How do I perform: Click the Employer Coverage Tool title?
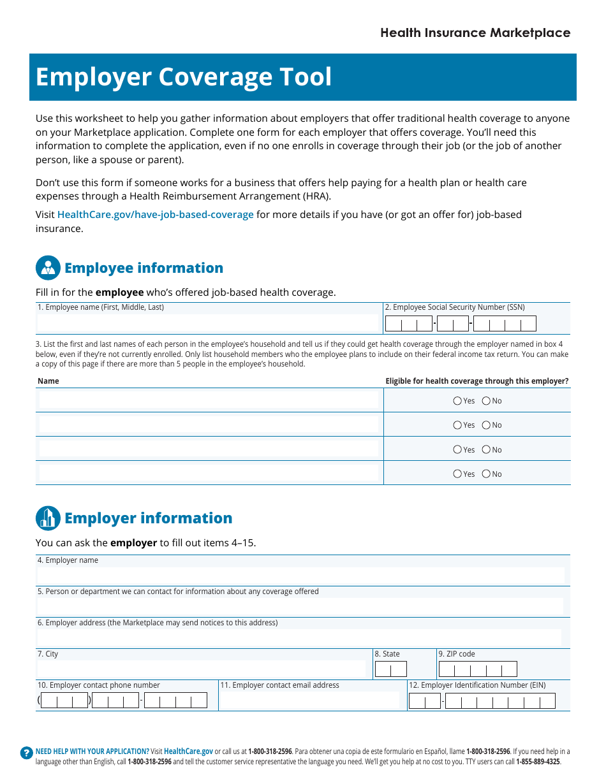[x=184, y=77]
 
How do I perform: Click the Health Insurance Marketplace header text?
[x=475, y=33]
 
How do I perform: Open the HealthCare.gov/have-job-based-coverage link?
[x=156, y=215]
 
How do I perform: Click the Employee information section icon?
[x=48, y=268]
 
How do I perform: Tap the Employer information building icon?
[x=48, y=518]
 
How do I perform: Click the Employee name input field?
[x=208, y=323]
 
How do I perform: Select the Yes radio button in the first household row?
[x=457, y=401]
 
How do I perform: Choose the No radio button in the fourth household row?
[x=486, y=474]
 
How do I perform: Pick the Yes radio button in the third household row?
[x=457, y=449]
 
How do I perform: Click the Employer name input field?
[x=300, y=576]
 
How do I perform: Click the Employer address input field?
[x=300, y=637]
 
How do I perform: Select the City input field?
[x=202, y=669]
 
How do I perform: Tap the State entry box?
[x=390, y=669]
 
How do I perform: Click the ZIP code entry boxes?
[x=477, y=669]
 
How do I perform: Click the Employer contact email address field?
[x=309, y=701]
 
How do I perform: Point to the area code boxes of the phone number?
[x=64, y=701]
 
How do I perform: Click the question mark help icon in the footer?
[x=26, y=753]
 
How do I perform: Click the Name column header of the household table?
[x=48, y=381]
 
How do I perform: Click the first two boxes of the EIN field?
[x=424, y=701]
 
